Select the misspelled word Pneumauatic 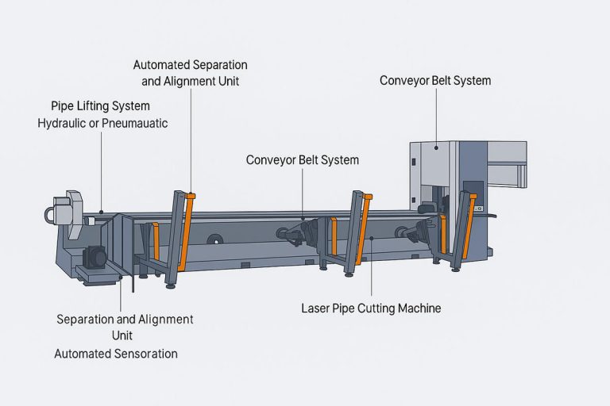coord(134,124)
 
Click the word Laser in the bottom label coord(317,308)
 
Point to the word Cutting coord(383,308)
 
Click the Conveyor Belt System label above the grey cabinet coord(434,81)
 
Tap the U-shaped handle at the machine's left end coord(52,214)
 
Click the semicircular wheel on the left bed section coord(214,239)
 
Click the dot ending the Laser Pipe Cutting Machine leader coord(370,238)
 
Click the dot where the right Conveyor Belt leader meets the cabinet coord(435,147)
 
